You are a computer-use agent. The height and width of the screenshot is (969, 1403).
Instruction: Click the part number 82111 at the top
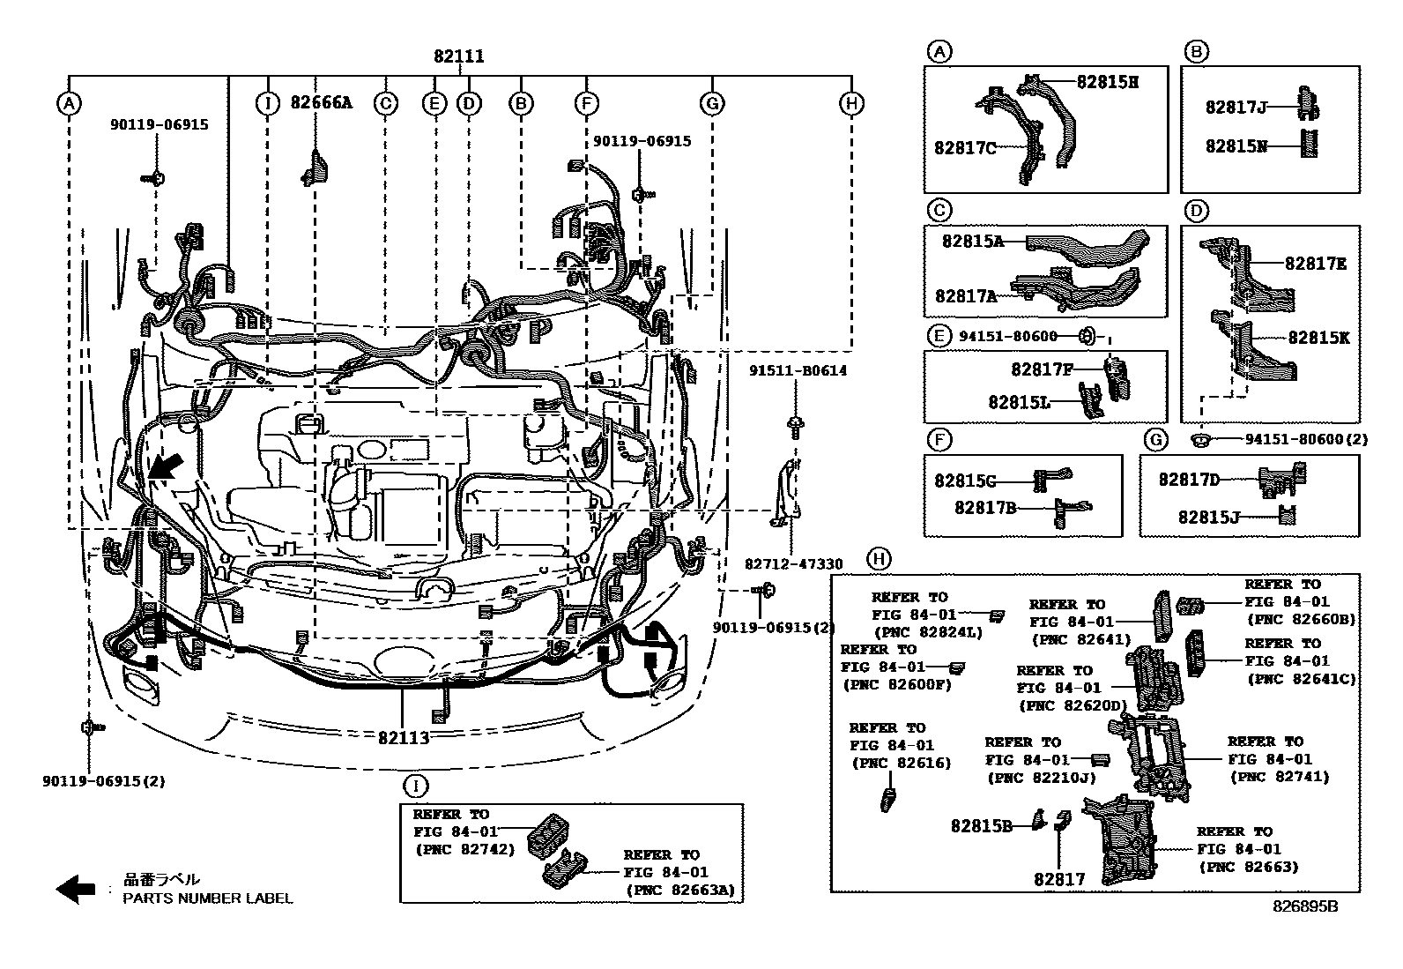[x=459, y=56]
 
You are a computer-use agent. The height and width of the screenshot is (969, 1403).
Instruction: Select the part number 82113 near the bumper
[x=405, y=737]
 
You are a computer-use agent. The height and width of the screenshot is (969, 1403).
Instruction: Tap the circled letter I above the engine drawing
[x=266, y=103]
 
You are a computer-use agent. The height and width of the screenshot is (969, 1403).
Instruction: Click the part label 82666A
[x=321, y=102]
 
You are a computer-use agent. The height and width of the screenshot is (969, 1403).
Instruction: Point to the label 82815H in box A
[x=1107, y=82]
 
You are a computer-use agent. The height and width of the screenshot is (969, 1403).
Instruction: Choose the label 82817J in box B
[x=1236, y=108]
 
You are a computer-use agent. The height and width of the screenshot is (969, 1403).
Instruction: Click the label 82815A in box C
[x=972, y=240]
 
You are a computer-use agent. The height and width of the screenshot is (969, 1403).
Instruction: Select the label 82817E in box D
[x=1315, y=263]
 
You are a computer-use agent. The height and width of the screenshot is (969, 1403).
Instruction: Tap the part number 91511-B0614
[x=798, y=370]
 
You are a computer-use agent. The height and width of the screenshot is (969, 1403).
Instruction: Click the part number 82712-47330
[x=793, y=564]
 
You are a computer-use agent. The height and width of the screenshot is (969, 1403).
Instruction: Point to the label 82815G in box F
[x=964, y=481]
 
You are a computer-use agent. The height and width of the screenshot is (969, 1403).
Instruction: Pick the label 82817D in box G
[x=1188, y=479]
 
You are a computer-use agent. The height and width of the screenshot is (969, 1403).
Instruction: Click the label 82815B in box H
[x=981, y=825]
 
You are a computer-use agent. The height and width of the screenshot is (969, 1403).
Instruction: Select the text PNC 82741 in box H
[x=1279, y=777]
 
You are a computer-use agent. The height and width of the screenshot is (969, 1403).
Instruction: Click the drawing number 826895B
[x=1304, y=906]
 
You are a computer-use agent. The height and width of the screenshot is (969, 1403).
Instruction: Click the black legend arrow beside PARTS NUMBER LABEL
[x=76, y=889]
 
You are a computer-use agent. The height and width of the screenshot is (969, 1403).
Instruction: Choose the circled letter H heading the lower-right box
[x=878, y=558]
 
